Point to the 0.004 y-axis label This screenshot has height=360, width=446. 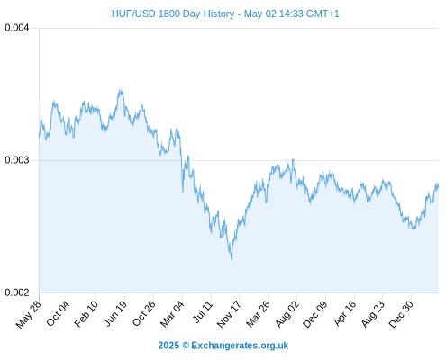click(17, 28)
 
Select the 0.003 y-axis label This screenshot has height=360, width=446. click(17, 160)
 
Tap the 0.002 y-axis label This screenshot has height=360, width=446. click(17, 292)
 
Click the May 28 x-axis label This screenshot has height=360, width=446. click(28, 314)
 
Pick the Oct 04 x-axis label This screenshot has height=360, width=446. click(58, 313)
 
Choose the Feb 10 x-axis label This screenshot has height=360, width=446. click(86, 314)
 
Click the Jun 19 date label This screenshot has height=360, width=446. click(115, 313)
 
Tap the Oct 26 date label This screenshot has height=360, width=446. click(144, 313)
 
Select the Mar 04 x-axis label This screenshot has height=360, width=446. click(172, 314)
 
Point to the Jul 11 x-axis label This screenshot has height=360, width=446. click(203, 312)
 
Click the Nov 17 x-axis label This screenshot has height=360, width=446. click(229, 314)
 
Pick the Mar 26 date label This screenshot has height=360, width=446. click(258, 314)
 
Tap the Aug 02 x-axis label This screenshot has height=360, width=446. click(287, 314)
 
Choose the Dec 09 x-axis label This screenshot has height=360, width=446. click(315, 314)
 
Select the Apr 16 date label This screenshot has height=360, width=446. click(345, 313)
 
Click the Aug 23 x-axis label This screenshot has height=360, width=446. click(373, 314)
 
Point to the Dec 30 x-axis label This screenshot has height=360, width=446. click(401, 314)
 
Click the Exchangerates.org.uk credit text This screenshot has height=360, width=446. click(240, 346)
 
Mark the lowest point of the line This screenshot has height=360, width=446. click(232, 259)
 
